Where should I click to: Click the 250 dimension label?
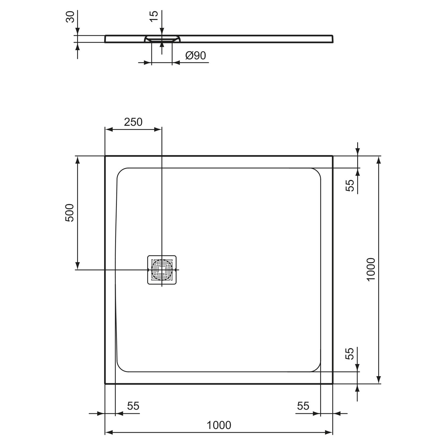133,122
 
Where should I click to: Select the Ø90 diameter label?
196,55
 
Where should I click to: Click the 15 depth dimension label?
154,16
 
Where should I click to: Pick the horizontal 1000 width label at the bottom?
219,425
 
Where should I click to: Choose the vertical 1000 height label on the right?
371,270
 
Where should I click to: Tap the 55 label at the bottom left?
133,406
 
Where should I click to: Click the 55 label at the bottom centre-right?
303,406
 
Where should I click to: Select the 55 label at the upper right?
350,185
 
